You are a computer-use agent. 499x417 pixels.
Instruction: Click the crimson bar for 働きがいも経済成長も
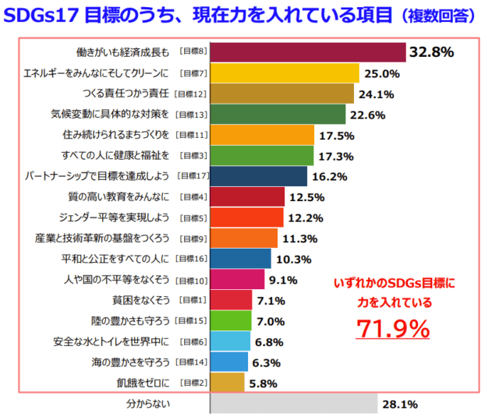308,52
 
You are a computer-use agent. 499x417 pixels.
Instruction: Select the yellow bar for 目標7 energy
285,73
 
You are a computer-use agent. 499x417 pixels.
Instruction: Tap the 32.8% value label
432,52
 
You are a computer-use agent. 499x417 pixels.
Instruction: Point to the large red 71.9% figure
393,329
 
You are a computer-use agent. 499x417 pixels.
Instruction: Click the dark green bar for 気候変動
278,115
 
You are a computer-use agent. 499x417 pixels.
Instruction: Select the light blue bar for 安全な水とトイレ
230,341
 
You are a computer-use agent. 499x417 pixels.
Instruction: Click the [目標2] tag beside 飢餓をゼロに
193,382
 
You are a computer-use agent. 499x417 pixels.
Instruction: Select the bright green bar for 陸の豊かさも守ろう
231,320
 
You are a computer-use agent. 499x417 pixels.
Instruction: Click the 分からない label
148,404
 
